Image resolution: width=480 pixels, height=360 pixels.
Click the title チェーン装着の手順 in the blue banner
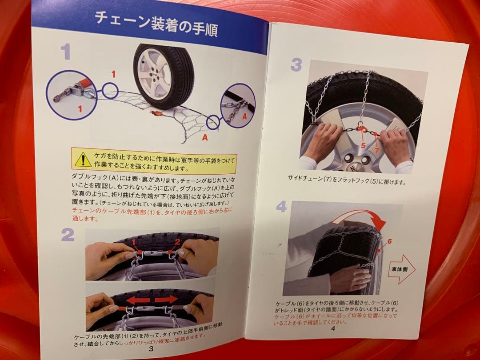click(x=156, y=24)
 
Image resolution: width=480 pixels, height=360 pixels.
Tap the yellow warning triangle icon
click(x=83, y=160)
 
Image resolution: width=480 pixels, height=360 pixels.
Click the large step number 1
click(x=66, y=52)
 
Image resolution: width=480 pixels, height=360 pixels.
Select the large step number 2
click(x=68, y=235)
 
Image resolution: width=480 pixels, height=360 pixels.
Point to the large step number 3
click(x=296, y=65)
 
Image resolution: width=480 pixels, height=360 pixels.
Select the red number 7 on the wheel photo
click(x=376, y=150)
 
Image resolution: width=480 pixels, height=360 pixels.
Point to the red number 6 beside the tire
click(x=389, y=241)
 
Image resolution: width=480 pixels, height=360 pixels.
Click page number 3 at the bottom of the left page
click(x=151, y=348)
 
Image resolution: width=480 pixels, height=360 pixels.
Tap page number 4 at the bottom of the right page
click(x=333, y=328)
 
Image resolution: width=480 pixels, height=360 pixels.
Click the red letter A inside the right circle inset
click(x=244, y=116)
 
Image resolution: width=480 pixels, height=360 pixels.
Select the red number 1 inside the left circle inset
click(x=80, y=109)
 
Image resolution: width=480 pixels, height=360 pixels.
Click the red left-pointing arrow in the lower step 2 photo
click(x=137, y=300)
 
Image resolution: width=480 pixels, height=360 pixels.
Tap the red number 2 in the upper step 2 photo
click(x=177, y=242)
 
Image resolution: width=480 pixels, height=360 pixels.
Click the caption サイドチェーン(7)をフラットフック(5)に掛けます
click(x=347, y=180)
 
